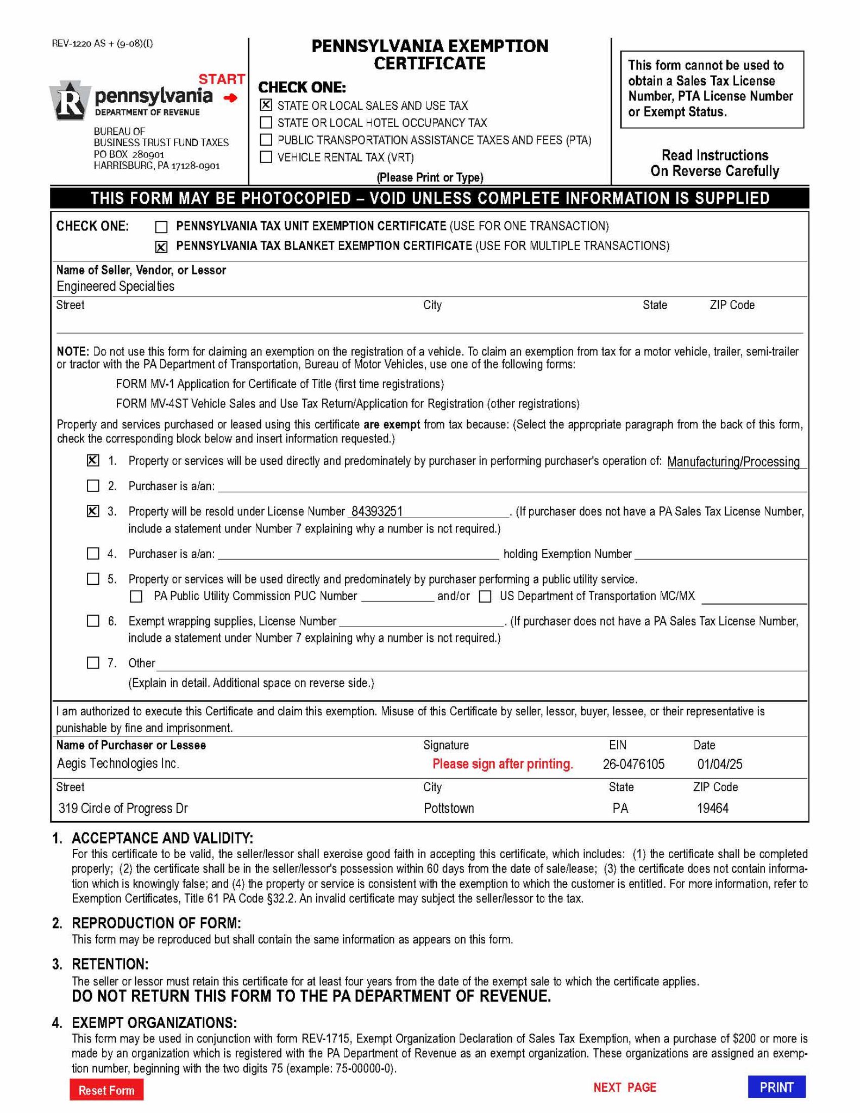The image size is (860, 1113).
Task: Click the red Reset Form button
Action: [106, 1090]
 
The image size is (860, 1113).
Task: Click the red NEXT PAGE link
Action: [625, 1087]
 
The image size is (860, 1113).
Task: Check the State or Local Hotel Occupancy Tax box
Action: [266, 122]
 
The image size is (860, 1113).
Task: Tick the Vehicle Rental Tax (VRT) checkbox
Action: [266, 157]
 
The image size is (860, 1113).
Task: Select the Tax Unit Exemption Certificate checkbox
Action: [161, 227]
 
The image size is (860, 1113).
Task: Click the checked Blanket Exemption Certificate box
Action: [161, 247]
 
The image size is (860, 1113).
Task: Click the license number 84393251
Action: [377, 511]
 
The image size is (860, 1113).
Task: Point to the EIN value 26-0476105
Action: [633, 764]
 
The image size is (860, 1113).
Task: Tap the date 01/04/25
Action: [719, 764]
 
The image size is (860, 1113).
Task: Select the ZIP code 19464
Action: [712, 808]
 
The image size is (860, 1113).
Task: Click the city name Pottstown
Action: [449, 808]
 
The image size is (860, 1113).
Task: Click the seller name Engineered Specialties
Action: [115, 286]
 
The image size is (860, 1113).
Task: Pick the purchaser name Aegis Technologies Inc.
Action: [118, 764]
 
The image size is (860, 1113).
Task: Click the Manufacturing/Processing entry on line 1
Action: [733, 462]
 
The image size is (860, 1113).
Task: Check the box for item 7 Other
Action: [93, 662]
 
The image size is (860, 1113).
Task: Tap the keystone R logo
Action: [68, 101]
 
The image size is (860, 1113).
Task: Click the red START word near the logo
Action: [222, 79]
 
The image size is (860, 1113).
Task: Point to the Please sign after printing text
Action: [503, 764]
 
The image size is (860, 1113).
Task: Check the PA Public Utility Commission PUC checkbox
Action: [136, 597]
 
